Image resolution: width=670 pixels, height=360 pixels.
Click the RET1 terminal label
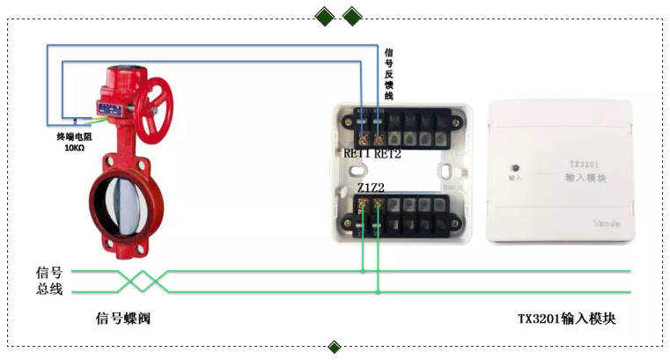(x=357, y=154)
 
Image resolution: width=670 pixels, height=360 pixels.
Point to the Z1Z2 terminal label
(x=371, y=188)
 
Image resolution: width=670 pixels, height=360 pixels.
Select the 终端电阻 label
(x=74, y=136)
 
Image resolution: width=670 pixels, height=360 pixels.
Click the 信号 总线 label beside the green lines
(x=49, y=281)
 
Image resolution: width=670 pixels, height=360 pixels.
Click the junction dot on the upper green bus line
(x=363, y=271)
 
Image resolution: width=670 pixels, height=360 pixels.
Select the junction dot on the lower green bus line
(x=379, y=291)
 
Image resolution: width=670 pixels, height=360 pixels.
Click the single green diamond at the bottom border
(x=335, y=347)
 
